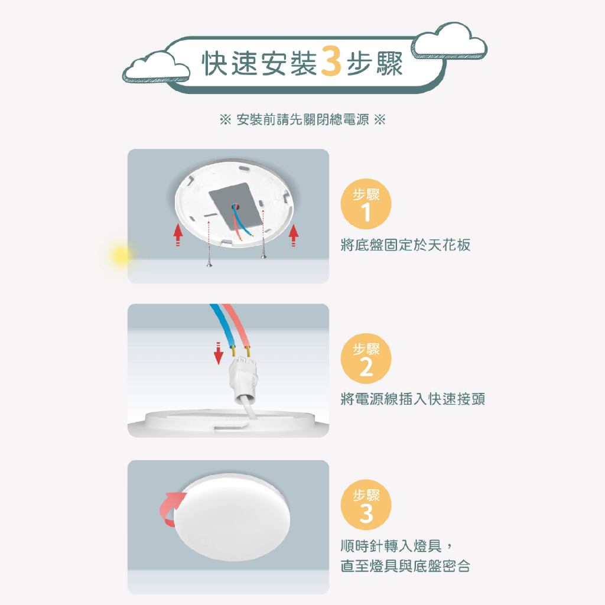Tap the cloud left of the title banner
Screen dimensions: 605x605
tap(157, 67)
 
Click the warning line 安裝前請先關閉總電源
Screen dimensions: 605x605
tap(302, 119)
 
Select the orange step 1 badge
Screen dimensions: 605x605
tap(366, 204)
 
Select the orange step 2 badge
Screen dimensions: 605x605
tap(366, 359)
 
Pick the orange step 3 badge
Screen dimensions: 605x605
tap(366, 505)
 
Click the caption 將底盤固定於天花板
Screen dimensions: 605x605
tap(405, 245)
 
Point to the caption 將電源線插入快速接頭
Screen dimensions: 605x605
tap(412, 399)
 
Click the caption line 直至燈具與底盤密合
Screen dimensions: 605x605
tap(405, 566)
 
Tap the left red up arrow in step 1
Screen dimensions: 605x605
tap(177, 235)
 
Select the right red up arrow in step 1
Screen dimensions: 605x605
tap(294, 235)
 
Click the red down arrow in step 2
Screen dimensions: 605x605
tap(219, 353)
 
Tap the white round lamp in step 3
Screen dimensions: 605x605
tap(232, 517)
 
